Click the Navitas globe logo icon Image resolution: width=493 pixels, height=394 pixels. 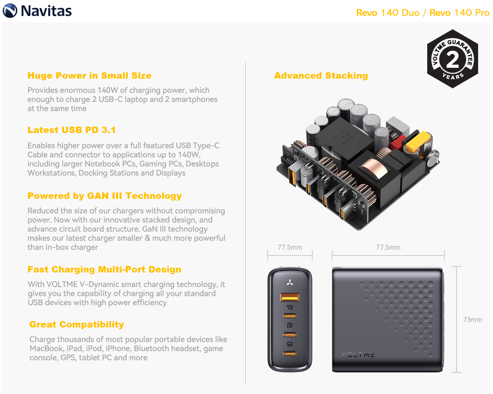10,10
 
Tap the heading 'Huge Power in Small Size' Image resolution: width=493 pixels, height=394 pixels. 89,75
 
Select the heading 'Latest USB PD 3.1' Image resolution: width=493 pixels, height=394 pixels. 72,130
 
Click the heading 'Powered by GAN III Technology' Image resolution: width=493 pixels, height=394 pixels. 105,196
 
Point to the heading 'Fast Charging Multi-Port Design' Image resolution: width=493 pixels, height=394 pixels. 104,269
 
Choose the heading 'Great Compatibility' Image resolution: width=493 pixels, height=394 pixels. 77,324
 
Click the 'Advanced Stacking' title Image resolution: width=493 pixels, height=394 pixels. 321,75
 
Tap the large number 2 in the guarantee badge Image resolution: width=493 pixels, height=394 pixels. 452,59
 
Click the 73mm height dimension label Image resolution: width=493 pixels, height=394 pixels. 472,319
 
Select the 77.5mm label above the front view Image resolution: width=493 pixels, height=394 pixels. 290,247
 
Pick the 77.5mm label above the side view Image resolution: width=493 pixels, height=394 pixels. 388,247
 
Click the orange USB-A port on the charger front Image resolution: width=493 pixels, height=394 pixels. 290,297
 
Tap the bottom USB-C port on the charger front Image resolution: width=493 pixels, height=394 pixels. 290,353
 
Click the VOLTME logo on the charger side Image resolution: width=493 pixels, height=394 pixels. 358,354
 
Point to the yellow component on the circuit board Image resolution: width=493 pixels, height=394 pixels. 417,141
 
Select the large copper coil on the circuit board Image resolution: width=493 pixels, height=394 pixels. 374,168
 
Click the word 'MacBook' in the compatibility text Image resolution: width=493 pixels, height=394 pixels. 47,348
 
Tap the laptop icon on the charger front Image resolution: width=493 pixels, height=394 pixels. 290,344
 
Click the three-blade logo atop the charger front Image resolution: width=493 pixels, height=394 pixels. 290,282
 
